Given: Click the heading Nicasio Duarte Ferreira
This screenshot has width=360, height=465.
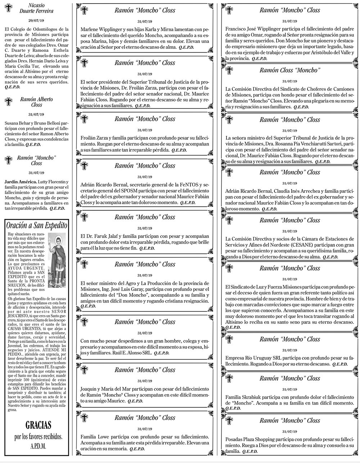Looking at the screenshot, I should [36, 8].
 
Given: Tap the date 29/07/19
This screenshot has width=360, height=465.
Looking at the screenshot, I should [36, 21].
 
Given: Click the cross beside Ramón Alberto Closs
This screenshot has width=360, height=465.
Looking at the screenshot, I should [8, 102].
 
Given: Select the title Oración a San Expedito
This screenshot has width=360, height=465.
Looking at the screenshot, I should [37, 225].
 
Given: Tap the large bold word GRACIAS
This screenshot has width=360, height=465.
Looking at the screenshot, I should [38, 425].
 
